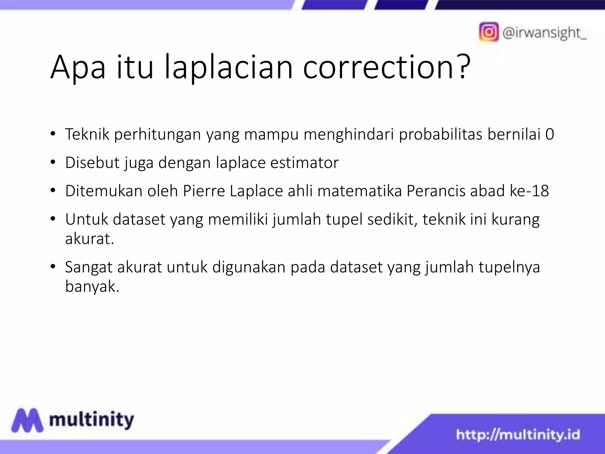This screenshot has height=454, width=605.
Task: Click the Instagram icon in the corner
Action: pyautogui.click(x=489, y=32)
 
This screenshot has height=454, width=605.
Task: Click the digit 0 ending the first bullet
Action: pyautogui.click(x=549, y=134)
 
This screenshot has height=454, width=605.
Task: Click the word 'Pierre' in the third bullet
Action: pyautogui.click(x=204, y=191)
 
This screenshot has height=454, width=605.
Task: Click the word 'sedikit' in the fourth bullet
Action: pyautogui.click(x=392, y=220)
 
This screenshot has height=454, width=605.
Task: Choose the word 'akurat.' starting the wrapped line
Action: pyautogui.click(x=90, y=239)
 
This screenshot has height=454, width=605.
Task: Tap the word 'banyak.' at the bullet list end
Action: pyautogui.click(x=92, y=286)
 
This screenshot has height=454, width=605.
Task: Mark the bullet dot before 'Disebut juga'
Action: pyautogui.click(x=53, y=162)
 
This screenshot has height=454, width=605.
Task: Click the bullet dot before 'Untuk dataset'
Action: pyautogui.click(x=53, y=219)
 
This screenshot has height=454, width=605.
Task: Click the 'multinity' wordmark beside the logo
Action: pyautogui.click(x=92, y=420)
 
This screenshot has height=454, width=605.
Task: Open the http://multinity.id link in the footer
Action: pyautogui.click(x=518, y=435)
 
